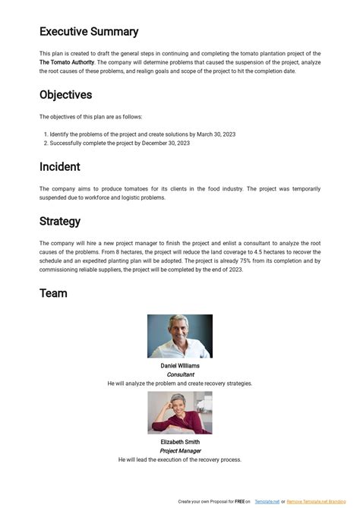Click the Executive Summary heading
tap(89, 32)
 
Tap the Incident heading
tap(60, 166)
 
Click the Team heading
tap(53, 293)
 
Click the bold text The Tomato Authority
tap(67, 62)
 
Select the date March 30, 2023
tap(216, 134)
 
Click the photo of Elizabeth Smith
tap(180, 413)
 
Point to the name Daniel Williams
tap(180, 366)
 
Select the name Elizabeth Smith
tap(180, 442)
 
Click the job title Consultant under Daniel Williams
tap(180, 375)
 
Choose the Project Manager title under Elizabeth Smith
tap(180, 451)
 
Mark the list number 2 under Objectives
tap(46, 143)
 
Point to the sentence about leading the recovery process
tap(180, 460)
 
